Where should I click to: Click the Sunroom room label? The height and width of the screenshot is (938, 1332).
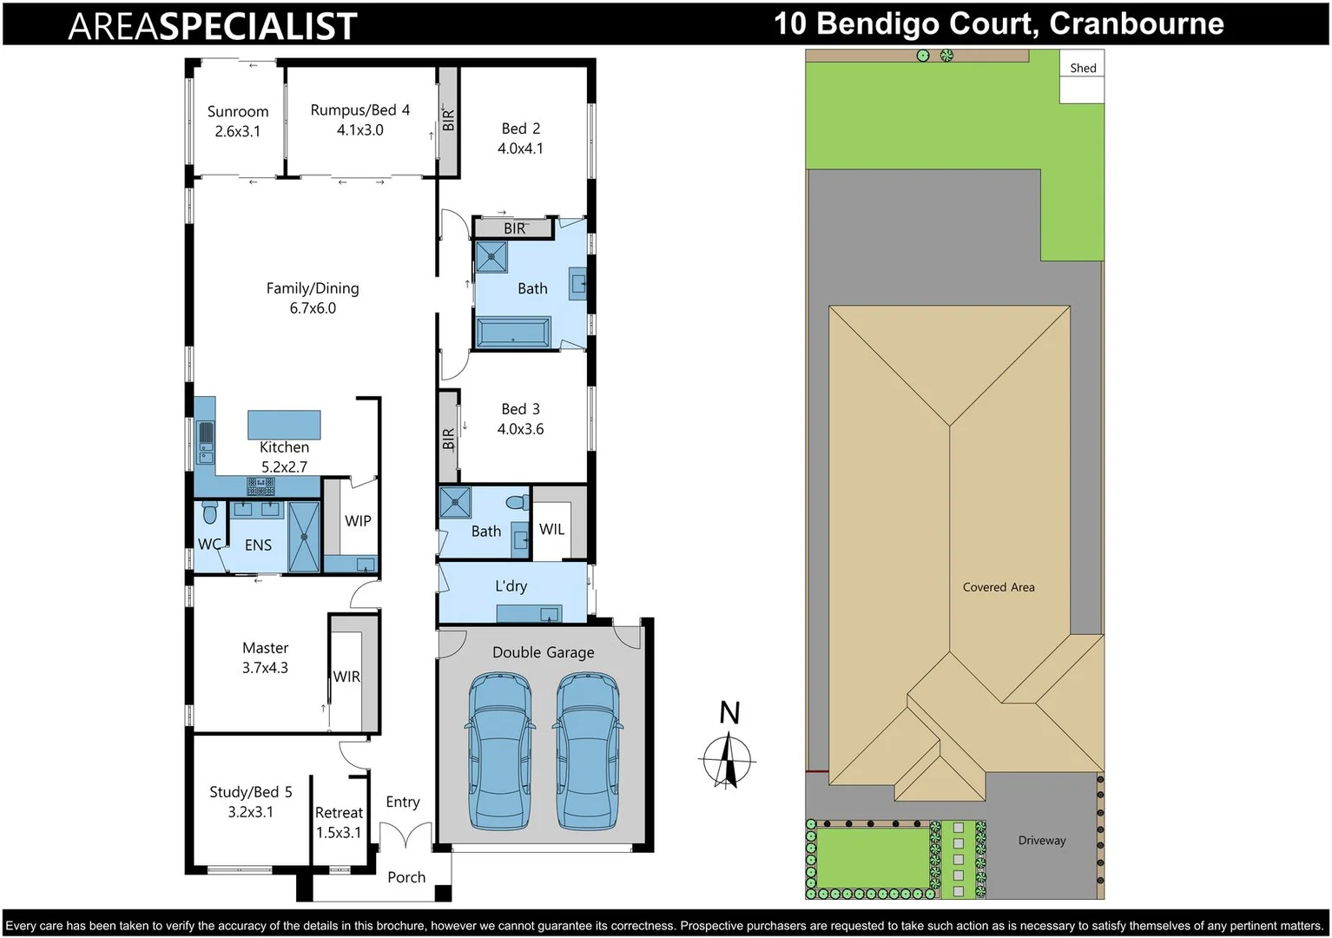238,112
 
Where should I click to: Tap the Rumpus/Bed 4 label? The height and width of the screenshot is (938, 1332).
359,110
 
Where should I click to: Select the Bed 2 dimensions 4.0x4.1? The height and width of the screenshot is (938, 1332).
520,149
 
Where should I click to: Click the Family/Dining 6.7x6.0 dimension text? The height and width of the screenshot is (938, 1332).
313,308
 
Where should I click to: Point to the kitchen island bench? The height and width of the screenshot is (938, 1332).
284,425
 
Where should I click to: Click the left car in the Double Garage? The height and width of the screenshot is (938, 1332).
500,752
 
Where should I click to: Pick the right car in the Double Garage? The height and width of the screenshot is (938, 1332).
587,752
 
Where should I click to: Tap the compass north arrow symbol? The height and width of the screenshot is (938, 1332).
728,760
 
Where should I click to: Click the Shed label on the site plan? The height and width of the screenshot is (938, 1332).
1082,68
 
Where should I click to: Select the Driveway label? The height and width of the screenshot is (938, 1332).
1041,841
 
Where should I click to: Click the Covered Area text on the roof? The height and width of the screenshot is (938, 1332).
998,587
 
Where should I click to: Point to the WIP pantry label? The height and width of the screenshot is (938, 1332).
358,521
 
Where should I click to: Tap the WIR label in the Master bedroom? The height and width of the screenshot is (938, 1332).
346,677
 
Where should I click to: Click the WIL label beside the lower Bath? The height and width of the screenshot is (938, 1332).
551,529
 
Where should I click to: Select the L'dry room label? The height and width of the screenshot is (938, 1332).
511,586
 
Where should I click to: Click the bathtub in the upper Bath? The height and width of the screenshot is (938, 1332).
512,333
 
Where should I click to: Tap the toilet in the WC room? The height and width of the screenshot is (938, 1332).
209,512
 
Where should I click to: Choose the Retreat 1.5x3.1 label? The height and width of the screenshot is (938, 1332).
339,822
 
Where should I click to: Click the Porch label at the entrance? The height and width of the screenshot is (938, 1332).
406,877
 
